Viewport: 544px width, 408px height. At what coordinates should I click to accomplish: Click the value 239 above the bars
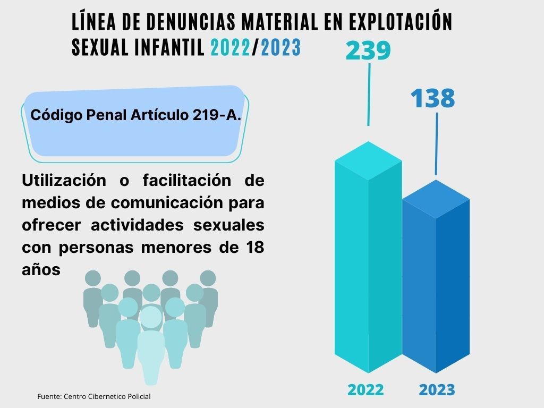(368, 51)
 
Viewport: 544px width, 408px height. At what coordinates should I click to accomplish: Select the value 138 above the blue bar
(432, 98)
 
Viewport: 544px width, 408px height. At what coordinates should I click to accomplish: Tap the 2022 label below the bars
(365, 389)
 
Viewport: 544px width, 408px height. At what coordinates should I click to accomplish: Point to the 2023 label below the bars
(437, 389)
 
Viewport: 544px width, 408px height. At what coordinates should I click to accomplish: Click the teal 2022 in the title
(230, 48)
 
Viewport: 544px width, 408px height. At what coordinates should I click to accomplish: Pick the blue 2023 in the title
(280, 48)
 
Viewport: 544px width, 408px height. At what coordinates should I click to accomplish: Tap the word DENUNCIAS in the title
(180, 22)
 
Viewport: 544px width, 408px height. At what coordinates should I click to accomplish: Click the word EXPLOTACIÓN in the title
(400, 22)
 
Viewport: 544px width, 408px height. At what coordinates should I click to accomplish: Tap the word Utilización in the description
(64, 181)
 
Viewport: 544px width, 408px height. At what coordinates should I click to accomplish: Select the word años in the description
(41, 269)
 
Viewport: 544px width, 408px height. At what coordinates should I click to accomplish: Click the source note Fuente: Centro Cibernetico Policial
(94, 396)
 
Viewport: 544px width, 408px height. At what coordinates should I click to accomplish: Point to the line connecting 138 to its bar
(437, 143)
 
